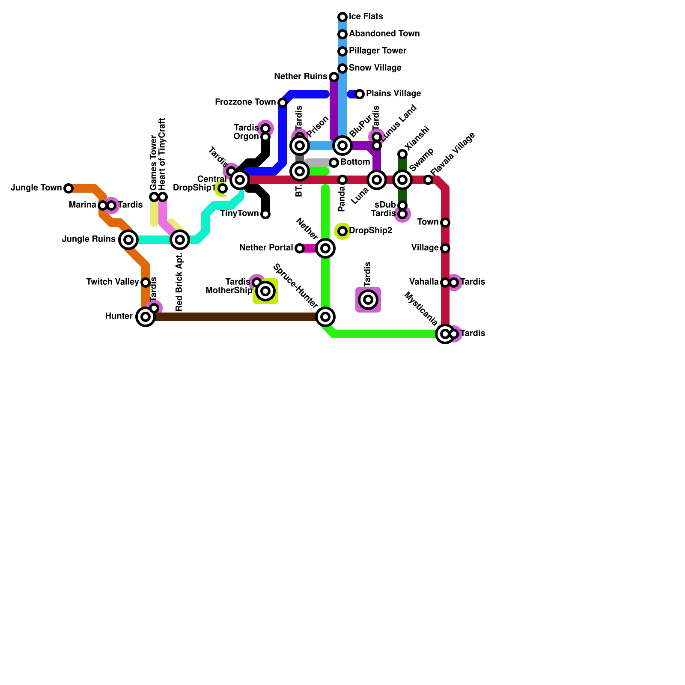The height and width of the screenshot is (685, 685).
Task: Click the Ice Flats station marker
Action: pyautogui.click(x=342, y=17)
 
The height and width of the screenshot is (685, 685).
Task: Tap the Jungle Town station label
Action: pyautogui.click(x=36, y=188)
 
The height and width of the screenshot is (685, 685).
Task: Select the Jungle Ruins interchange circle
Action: pyautogui.click(x=128, y=240)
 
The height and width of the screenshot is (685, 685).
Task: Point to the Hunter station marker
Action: pyautogui.click(x=146, y=317)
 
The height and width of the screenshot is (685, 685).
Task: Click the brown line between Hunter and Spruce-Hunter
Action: pyautogui.click(x=235, y=317)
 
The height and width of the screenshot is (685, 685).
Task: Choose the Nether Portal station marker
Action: pyautogui.click(x=300, y=248)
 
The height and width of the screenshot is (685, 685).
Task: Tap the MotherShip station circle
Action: pyautogui.click(x=265, y=291)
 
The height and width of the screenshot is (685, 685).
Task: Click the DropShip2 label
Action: pyautogui.click(x=371, y=231)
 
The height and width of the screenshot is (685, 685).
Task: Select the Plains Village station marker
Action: pyautogui.click(x=360, y=94)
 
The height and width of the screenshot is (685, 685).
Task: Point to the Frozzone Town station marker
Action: pyautogui.click(x=283, y=103)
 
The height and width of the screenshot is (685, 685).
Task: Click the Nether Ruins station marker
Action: pyautogui.click(x=334, y=77)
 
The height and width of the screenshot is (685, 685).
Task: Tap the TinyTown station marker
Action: pyautogui.click(x=265, y=214)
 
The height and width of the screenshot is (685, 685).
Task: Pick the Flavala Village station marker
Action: pyautogui.click(x=428, y=180)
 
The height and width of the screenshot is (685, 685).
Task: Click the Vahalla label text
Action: pyautogui.click(x=424, y=282)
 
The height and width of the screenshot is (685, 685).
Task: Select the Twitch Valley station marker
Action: pyautogui.click(x=146, y=283)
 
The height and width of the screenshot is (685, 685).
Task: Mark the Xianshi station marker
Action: pyautogui.click(x=402, y=154)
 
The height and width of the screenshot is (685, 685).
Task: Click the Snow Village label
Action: pyautogui.click(x=375, y=68)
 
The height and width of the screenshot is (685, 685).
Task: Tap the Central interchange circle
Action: pyautogui.click(x=240, y=180)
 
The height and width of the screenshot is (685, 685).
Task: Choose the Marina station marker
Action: pyautogui.click(x=103, y=205)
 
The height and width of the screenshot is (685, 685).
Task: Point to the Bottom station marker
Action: pyautogui.click(x=334, y=163)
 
